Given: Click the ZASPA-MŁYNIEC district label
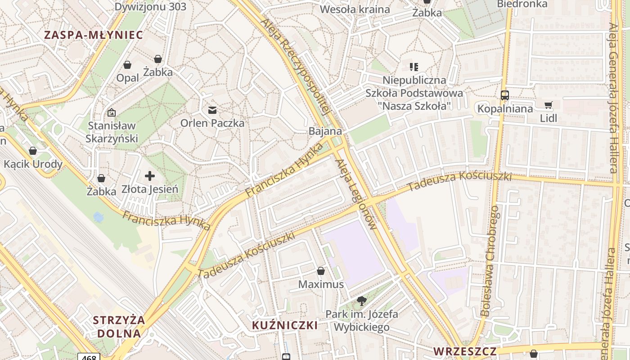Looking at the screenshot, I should pyautogui.click(x=94, y=35).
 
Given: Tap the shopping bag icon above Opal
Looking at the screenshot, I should pyautogui.click(x=127, y=65).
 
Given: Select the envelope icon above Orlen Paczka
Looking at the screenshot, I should pyautogui.click(x=212, y=110).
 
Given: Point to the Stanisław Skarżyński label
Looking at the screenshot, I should pyautogui.click(x=112, y=132).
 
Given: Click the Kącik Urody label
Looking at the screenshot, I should pyautogui.click(x=33, y=164).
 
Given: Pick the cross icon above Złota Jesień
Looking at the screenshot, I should pyautogui.click(x=150, y=176).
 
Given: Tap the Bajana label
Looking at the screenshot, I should pyautogui.click(x=325, y=131).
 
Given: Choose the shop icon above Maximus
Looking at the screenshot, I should pyautogui.click(x=321, y=271).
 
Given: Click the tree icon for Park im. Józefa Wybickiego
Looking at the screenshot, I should pyautogui.click(x=361, y=301).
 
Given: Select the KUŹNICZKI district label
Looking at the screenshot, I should pyautogui.click(x=285, y=325).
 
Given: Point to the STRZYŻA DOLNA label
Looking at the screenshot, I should pyautogui.click(x=119, y=327).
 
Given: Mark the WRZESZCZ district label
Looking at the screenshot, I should pyautogui.click(x=465, y=351).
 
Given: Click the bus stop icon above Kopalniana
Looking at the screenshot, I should pyautogui.click(x=505, y=95).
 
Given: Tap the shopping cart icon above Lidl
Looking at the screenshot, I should pyautogui.click(x=549, y=105).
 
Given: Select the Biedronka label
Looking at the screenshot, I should pyautogui.click(x=522, y=4).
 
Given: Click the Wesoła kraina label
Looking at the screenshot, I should pyautogui.click(x=355, y=9).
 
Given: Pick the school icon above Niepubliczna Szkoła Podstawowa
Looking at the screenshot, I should pyautogui.click(x=414, y=67).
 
